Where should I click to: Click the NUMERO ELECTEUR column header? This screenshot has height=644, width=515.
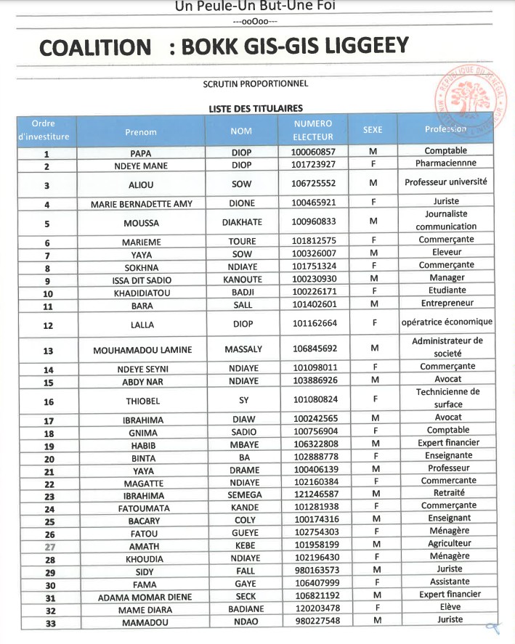(313, 130)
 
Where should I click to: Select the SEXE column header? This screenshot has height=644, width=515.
(373, 130)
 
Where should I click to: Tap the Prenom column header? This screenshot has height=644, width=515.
(141, 132)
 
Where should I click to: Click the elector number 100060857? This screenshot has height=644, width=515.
(313, 152)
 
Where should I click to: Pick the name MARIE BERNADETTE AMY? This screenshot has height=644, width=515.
(142, 204)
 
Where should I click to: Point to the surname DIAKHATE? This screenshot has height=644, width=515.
(242, 222)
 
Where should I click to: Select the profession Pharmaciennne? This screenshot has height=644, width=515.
(446, 164)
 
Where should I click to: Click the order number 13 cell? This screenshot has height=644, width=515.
(48, 351)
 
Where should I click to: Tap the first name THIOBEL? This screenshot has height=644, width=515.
(142, 401)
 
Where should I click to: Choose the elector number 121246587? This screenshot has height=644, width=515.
(313, 496)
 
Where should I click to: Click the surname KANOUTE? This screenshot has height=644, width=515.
(242, 280)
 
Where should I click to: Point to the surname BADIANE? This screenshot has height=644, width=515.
(242, 610)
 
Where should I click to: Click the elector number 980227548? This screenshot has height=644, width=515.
(313, 621)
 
